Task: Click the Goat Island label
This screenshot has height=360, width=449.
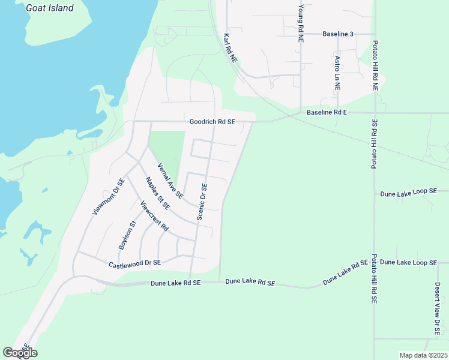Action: coord(50,8)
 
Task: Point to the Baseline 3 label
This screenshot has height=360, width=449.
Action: coord(338,34)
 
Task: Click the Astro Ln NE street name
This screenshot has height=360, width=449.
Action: coord(337,73)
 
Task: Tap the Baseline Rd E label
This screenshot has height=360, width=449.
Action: coord(327,112)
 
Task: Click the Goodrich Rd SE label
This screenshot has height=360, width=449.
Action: coord(212,121)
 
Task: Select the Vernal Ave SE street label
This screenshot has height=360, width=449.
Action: coord(170,181)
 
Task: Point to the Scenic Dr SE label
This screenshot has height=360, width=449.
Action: coord(202,202)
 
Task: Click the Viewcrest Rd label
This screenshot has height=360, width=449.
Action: coord(154,217)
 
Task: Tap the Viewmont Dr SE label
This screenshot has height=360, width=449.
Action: coord(108,196)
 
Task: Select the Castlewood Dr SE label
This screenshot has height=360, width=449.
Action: coord(135,263)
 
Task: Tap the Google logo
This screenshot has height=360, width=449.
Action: coord(20,353)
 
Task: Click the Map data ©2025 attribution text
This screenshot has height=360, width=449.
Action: coord(423,355)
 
